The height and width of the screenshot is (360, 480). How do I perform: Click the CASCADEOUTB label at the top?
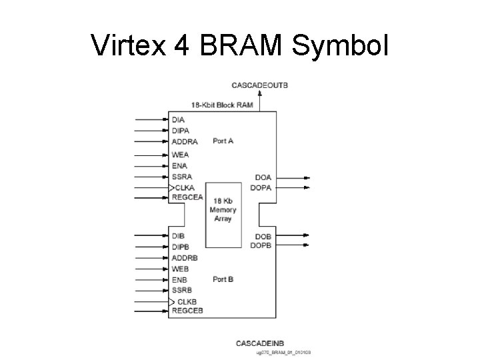pos(259,85)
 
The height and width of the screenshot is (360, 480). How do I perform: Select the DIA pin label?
pos(178,119)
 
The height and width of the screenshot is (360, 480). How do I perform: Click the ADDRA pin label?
pos(185,141)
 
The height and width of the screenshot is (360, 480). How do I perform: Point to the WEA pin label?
pos(180,155)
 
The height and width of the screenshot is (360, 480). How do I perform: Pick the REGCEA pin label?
pos(187,197)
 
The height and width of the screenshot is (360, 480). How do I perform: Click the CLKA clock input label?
pos(185,187)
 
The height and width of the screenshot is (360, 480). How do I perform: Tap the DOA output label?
pos(263,177)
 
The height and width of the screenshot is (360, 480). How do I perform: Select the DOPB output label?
pos(261,245)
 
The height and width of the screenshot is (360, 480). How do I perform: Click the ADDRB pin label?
pos(185,257)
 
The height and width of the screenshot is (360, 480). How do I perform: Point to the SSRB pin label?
pos(182,290)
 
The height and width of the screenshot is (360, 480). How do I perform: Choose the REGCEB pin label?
pos(187,311)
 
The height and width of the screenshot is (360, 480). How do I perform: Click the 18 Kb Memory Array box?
pos(223,210)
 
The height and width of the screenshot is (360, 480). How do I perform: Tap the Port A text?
pos(223,141)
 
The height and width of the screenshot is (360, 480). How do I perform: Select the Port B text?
pos(223,279)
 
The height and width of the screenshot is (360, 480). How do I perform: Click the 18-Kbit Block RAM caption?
pos(222,105)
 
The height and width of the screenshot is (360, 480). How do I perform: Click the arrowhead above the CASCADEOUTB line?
pos(259,93)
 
